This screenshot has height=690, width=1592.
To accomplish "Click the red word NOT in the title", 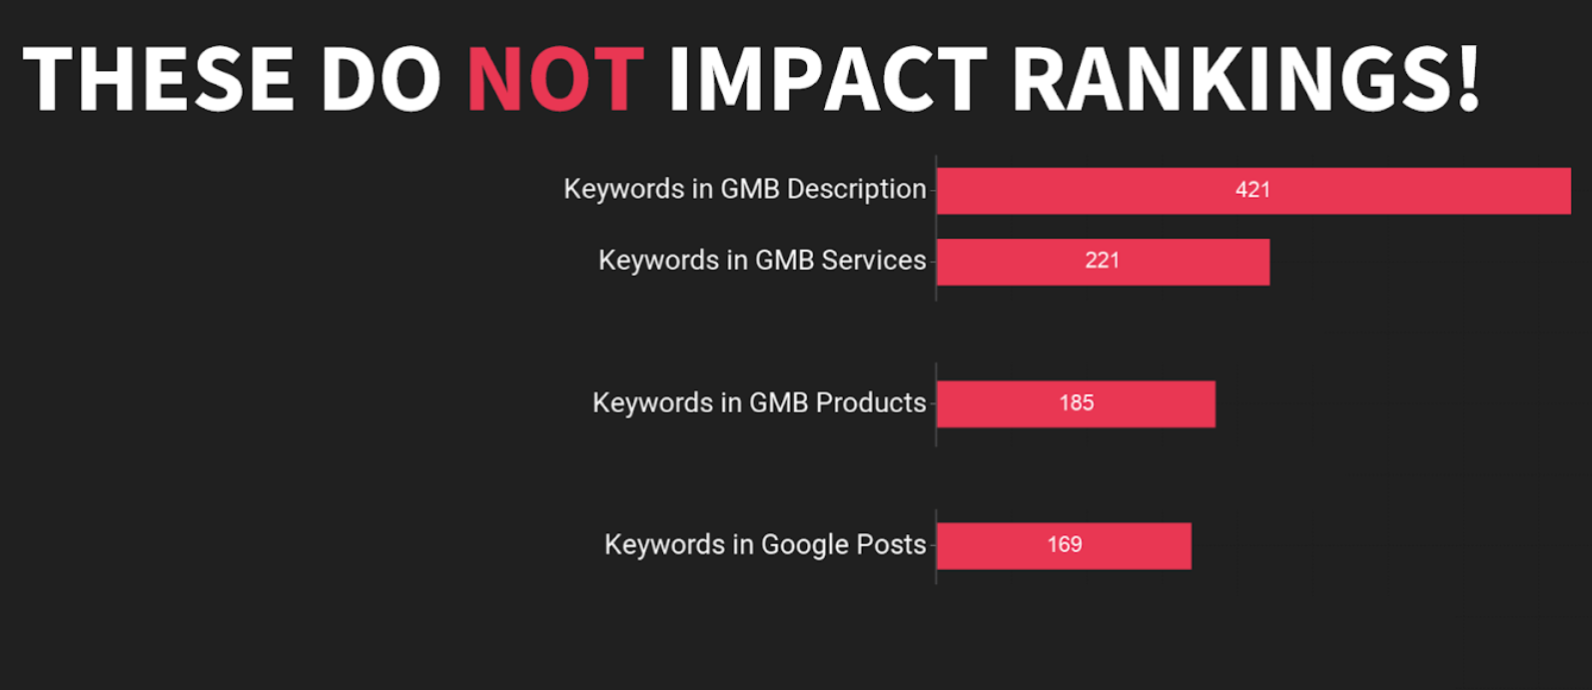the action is pos(555,79).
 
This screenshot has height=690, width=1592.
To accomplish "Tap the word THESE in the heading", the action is pos(159,79).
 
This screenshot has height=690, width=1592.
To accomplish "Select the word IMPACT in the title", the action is pos(828,79).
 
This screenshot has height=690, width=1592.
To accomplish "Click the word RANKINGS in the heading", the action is pos(1228,79).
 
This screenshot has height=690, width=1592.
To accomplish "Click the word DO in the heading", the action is pos(381,79).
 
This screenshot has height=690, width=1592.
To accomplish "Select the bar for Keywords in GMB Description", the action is pos(1253,191).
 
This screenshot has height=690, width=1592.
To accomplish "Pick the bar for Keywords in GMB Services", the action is pos(1103,262).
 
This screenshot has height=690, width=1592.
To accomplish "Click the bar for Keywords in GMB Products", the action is pos(1076,403).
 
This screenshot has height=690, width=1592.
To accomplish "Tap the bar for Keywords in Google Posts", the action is pos(1064,546).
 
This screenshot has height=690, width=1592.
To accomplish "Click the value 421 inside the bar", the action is pos(1253,190).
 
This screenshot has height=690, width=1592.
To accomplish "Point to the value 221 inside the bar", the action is pos(1103,260).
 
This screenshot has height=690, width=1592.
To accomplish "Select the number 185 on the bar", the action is pos(1076,402).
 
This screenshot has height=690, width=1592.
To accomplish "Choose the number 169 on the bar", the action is pos(1065,544).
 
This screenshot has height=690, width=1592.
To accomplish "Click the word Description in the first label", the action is pos(856,190).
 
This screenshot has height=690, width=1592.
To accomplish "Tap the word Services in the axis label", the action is pos(874,260).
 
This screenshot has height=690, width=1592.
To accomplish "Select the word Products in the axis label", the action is pos(871,402).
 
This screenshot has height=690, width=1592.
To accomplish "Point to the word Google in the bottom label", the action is pos(805,546).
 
